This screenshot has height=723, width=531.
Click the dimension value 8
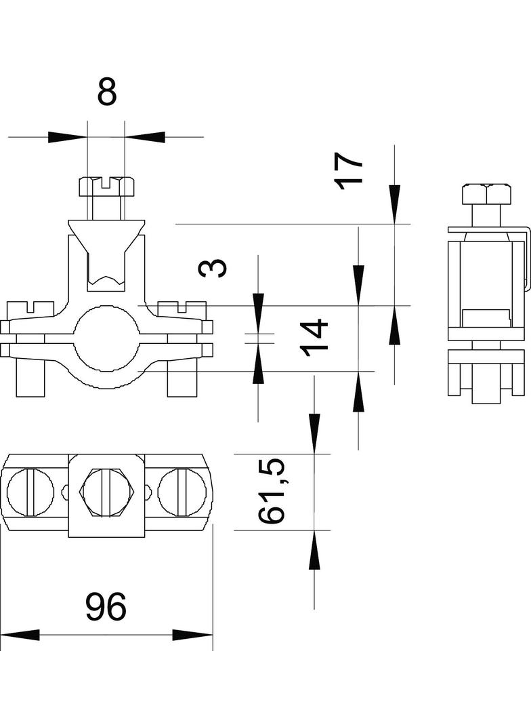point(107,92)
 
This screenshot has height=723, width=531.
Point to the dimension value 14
point(315,336)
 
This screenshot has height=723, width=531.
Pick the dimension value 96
point(106,608)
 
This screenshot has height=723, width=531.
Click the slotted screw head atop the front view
point(107,185)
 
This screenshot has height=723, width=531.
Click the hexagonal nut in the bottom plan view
point(107,490)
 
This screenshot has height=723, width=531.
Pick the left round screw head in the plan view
point(30,490)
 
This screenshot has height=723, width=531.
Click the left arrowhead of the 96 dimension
point(20,636)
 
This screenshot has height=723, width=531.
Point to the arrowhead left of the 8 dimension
point(68,137)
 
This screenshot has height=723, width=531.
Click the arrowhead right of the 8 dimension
point(145,137)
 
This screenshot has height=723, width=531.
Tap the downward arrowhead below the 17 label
point(394,203)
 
